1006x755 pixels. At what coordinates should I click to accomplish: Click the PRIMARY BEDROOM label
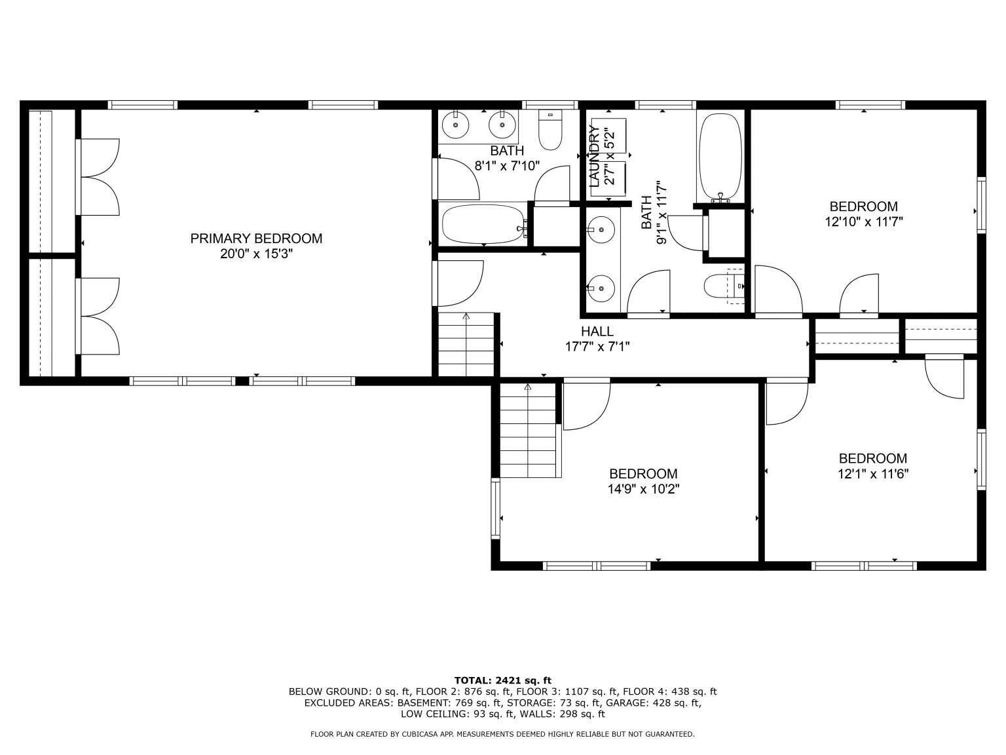256,239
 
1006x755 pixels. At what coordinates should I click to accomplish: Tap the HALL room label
597,332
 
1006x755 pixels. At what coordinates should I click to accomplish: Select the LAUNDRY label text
595,157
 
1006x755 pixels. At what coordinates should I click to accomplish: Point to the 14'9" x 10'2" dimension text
643,490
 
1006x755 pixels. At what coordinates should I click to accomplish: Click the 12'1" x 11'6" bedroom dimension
873,474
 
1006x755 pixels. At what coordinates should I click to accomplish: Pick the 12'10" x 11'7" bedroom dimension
864,222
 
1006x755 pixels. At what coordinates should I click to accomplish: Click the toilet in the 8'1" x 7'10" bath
550,130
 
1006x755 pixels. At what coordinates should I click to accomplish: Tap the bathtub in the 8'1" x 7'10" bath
483,224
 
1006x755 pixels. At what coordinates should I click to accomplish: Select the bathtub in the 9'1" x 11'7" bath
719,157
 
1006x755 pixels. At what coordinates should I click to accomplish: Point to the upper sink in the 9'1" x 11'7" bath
601,229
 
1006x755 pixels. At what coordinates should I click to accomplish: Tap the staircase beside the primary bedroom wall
466,345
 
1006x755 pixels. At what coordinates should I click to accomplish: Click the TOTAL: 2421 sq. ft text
503,681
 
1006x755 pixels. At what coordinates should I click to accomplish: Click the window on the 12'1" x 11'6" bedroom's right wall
981,460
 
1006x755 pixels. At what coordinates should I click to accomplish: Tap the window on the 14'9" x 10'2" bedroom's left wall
495,509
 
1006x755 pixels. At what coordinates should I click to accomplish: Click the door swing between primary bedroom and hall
458,283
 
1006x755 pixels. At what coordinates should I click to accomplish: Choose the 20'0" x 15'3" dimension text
256,254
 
